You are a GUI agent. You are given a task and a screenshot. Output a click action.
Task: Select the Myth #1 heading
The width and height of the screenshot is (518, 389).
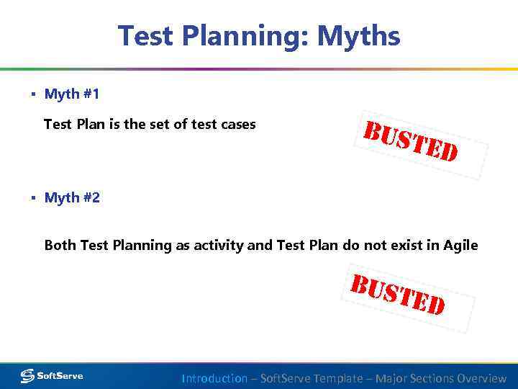pos(72,94)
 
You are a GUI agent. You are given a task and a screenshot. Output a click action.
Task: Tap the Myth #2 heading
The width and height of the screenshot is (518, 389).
pos(72,197)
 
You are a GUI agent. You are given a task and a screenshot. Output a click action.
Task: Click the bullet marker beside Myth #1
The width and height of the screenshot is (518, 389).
pos(33,94)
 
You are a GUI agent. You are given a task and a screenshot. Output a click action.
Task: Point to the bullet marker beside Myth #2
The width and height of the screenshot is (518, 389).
pos(33,197)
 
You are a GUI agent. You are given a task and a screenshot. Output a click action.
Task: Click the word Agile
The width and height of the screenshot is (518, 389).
pos(460,246)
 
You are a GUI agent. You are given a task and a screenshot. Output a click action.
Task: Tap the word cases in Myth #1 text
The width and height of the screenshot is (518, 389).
pos(239,125)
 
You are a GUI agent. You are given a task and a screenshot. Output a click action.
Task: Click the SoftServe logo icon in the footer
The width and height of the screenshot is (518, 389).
pos(27,376)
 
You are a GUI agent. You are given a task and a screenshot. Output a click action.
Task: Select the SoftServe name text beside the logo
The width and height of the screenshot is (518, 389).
pos(60,376)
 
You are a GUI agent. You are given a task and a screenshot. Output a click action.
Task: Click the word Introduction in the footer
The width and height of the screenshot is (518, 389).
pos(214,378)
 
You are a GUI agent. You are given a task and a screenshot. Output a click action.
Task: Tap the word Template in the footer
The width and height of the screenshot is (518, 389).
pos(339,378)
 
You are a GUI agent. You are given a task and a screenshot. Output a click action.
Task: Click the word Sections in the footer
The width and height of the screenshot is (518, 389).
pos(423,378)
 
